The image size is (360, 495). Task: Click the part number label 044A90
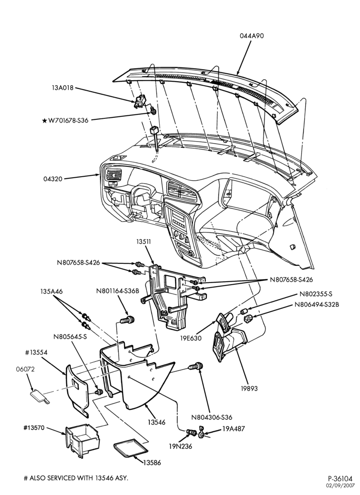pos(252,36)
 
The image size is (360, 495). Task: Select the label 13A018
pos(62,88)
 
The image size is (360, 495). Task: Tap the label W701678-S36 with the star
pos(65,120)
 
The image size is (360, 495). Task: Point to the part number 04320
pos(52,179)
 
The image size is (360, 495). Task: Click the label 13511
pos(144,242)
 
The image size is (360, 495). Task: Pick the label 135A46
pos(51,292)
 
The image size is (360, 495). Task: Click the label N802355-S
pos(316,294)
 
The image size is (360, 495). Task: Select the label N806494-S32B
pos(317,305)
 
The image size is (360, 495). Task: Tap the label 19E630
pos(191,339)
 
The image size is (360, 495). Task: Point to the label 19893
pos(250,388)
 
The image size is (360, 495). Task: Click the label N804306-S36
pos(212,417)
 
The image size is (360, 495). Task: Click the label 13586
pos(152,463)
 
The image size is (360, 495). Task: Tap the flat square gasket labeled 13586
pos(130,448)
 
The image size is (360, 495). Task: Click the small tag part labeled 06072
pos(40,396)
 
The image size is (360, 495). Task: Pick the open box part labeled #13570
pos(83,440)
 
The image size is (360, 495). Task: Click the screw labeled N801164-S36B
pos(128,320)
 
